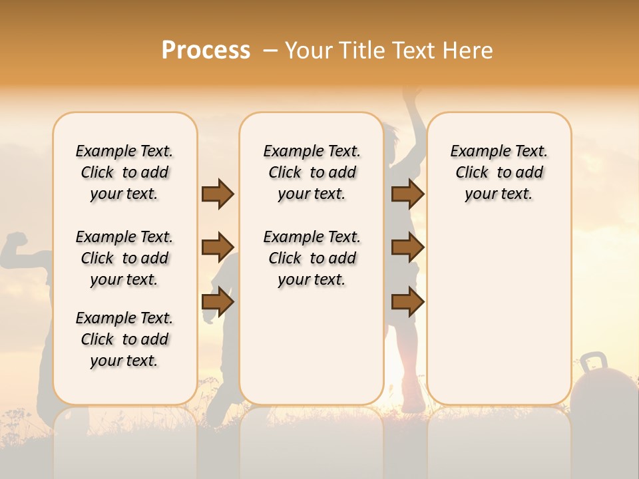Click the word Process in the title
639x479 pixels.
206,51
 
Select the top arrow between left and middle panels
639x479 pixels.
218,194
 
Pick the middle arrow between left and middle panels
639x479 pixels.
218,247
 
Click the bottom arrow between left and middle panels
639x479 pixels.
218,302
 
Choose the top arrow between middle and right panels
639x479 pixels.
407,194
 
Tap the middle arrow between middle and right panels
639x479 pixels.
407,247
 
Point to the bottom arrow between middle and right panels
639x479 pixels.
407,302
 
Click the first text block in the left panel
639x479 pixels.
124,172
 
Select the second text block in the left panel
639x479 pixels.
124,258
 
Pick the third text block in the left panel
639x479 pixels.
124,339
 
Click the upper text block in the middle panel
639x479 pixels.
312,172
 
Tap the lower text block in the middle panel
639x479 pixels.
312,258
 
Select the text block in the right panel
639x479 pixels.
499,172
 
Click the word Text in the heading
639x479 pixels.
417,51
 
